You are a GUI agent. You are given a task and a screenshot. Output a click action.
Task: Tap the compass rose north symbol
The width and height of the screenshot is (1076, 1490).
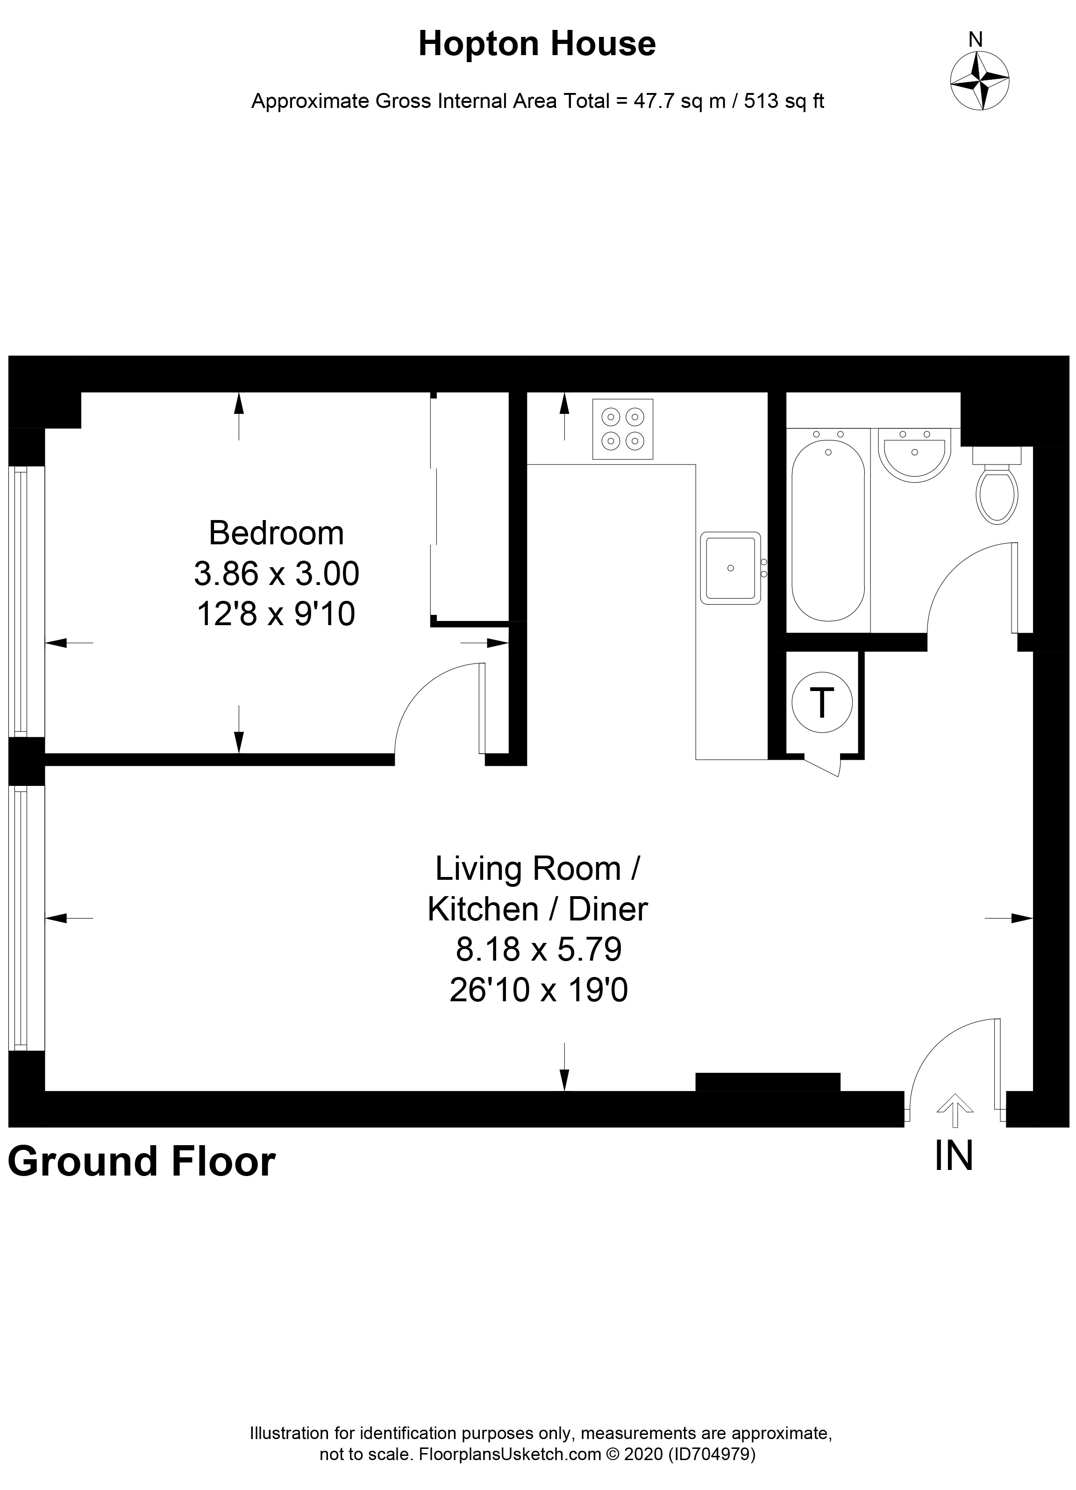[979, 80]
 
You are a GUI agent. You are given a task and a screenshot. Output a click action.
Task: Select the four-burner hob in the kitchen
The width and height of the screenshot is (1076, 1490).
[622, 428]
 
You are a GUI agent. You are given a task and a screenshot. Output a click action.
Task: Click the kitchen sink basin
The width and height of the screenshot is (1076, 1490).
[730, 568]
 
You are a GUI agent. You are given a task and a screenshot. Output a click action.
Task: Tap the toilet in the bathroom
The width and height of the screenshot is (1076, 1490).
[997, 487]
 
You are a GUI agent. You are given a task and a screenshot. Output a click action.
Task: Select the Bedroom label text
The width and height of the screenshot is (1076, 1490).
[276, 533]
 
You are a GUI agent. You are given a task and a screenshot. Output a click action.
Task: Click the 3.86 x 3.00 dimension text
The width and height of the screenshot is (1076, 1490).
[276, 574]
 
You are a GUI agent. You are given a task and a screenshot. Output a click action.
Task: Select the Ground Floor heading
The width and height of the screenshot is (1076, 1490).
[141, 1161]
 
